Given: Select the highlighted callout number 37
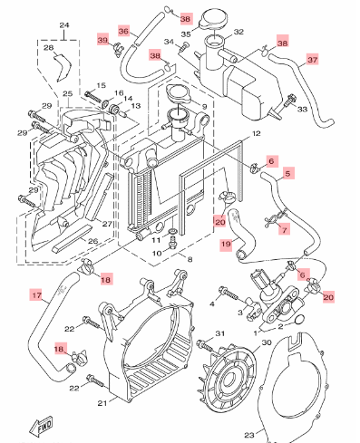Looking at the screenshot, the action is click(x=312, y=60).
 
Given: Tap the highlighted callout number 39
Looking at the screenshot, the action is click(x=102, y=40).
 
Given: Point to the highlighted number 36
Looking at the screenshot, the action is click(x=123, y=31).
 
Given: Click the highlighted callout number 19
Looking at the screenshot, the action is click(x=226, y=244).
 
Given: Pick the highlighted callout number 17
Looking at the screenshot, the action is click(x=36, y=294).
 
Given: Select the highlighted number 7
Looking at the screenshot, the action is click(x=284, y=228).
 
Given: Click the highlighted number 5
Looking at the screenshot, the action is click(x=287, y=173).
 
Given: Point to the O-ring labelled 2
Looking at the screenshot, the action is click(x=299, y=320).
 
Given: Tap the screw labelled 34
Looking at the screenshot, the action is click(x=183, y=48).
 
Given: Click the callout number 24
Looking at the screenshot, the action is click(x=64, y=25).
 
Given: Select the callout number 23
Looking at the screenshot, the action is click(x=249, y=435).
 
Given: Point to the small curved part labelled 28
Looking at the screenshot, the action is click(x=63, y=68).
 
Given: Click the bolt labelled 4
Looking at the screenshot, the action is click(x=229, y=293).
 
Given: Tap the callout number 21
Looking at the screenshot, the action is click(x=102, y=403).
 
